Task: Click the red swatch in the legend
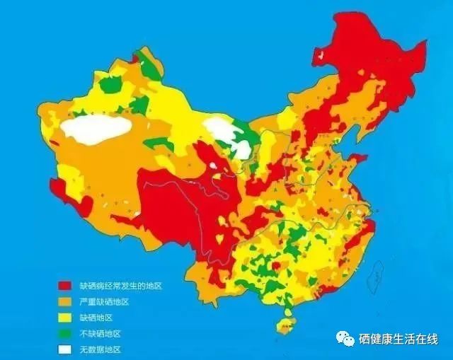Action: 65,286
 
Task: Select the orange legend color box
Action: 65,301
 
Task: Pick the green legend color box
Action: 65,333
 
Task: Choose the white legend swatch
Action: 65,349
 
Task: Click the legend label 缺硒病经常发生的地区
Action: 120,286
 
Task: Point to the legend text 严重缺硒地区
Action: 104,301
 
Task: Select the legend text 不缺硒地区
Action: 101,333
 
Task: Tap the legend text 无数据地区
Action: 101,349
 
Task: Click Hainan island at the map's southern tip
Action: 286,325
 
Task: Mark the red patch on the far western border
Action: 67,195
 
